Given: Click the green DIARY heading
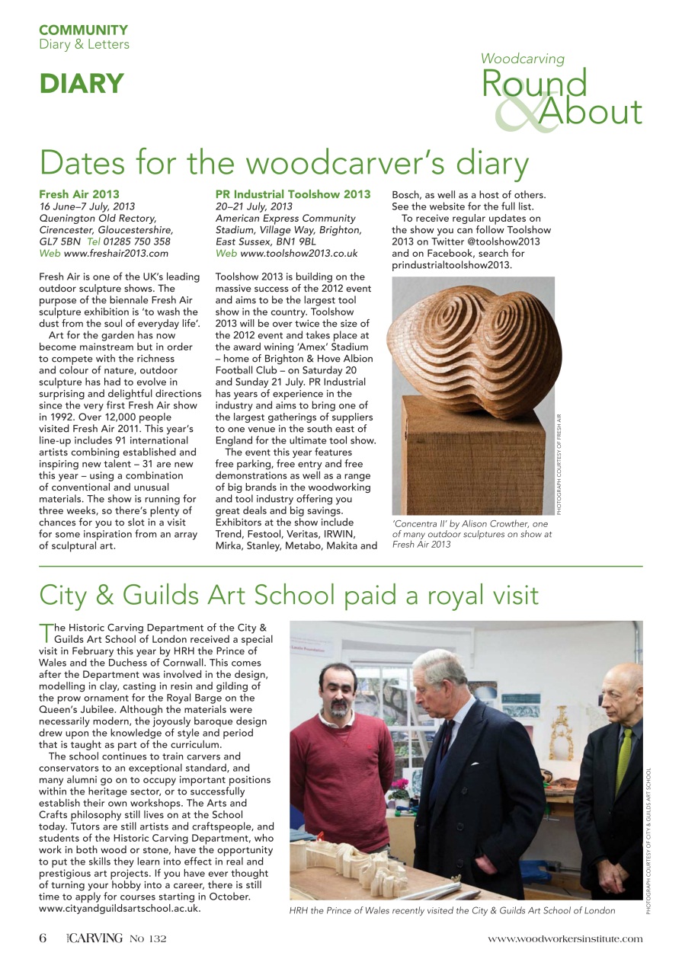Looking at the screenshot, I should click(82, 84).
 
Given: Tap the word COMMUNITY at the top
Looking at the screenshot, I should click(84, 30).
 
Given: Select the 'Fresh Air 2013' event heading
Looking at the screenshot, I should click(79, 194).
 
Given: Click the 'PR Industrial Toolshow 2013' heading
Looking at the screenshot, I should click(293, 194).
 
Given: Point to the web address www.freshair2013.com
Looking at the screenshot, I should click(116, 253).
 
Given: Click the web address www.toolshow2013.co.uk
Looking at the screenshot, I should click(299, 253).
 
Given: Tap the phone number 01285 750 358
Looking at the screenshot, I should click(142, 241).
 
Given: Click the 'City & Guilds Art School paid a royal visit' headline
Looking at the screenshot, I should click(289, 595).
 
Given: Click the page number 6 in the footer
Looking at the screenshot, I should click(43, 938).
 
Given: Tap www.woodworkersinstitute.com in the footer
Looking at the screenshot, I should click(565, 938).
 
